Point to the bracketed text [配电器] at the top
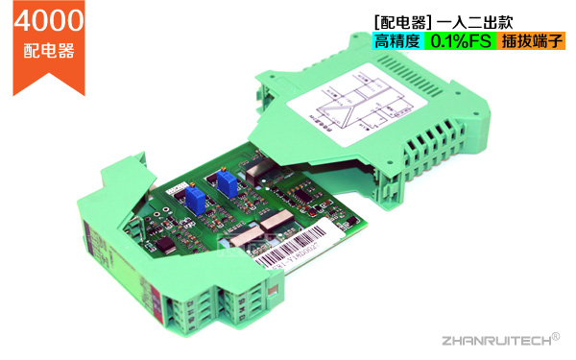401,21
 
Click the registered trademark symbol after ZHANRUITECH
555,333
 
